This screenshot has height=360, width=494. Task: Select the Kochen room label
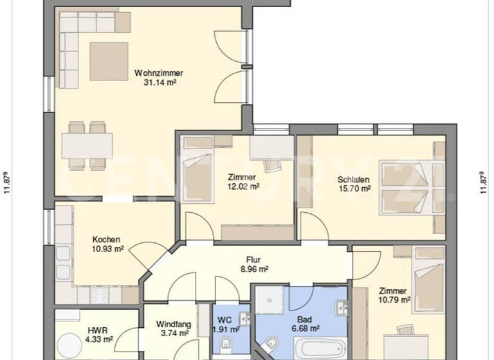click(106, 239)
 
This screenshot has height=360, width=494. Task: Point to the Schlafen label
click(353, 179)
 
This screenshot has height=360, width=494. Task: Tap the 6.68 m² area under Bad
click(305, 328)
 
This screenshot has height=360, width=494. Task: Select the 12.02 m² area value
click(242, 186)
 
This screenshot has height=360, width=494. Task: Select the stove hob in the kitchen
click(100, 294)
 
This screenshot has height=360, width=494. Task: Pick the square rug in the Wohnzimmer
click(109, 60)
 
